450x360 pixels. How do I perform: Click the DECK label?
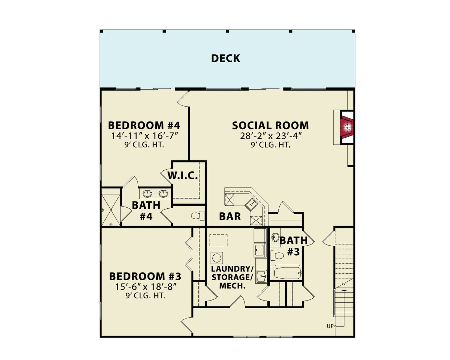[225, 58]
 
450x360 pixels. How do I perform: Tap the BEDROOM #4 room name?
[144, 126]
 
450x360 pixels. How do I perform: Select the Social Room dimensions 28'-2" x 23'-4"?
[270, 136]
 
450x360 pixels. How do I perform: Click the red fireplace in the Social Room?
[347, 127]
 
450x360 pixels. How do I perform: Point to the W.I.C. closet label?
[182, 176]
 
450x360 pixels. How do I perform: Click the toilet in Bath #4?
[197, 216]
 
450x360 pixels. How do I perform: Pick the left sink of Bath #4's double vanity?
[147, 194]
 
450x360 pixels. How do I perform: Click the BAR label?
[230, 216]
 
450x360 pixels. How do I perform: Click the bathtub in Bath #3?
[287, 273]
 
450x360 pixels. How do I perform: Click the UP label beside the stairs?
[330, 326]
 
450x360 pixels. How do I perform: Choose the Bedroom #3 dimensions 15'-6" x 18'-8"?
[145, 287]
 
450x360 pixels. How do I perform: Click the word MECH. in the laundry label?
[232, 286]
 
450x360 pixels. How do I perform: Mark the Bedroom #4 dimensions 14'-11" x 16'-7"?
[144, 136]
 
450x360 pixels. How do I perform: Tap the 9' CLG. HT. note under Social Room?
[270, 145]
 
